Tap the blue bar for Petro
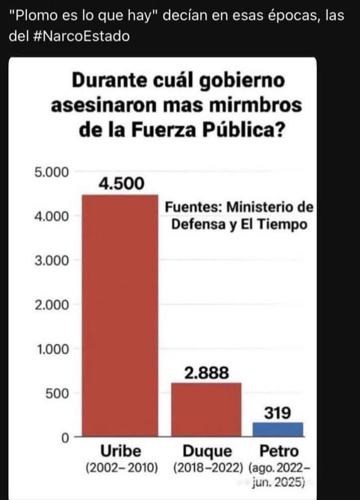click(x=278, y=429)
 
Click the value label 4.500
click(x=121, y=183)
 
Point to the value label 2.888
click(x=206, y=373)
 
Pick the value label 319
click(x=278, y=412)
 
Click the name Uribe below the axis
click(x=121, y=451)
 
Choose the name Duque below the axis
click(x=207, y=451)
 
